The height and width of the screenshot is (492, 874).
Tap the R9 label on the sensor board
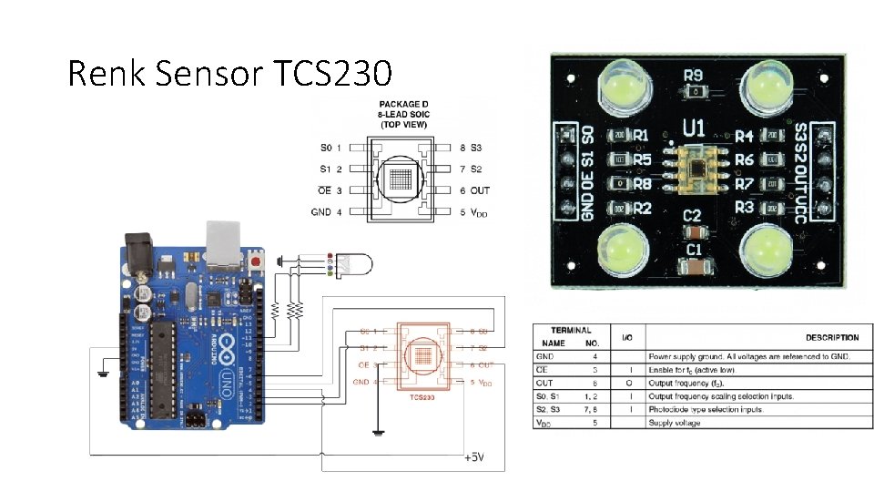[x=695, y=77]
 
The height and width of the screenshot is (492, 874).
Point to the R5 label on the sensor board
[x=642, y=159]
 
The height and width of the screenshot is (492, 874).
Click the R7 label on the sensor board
[x=745, y=183]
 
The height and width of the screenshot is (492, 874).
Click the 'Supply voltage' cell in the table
[x=675, y=423]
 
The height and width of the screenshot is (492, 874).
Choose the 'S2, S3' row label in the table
[x=548, y=410]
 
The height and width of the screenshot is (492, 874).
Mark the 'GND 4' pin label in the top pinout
[x=327, y=212]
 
